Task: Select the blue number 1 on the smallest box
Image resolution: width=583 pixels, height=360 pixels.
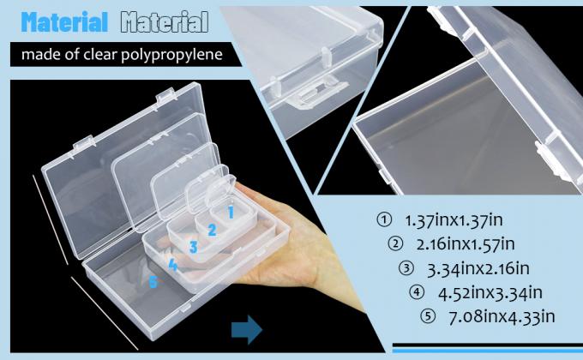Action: pyautogui.click(x=231, y=209)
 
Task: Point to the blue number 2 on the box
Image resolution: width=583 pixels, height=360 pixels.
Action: pyautogui.click(x=211, y=229)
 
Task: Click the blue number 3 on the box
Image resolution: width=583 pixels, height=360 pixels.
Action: pyautogui.click(x=194, y=248)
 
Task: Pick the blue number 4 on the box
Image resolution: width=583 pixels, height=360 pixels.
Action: pyautogui.click(x=173, y=265)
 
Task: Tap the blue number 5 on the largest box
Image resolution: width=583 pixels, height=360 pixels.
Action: pyautogui.click(x=153, y=281)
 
